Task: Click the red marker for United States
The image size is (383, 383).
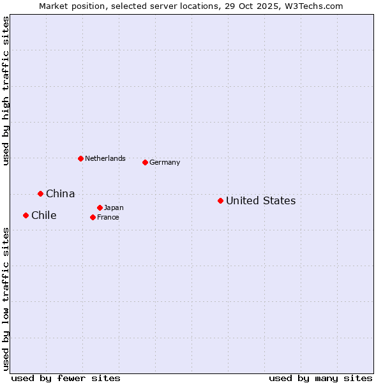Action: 220,200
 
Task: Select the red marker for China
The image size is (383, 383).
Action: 40,193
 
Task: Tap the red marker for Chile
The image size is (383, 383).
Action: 26,215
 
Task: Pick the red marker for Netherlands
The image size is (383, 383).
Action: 80,158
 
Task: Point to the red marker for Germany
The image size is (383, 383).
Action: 145,162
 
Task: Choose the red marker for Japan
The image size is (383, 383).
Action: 100,207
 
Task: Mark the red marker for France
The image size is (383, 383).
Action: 93,217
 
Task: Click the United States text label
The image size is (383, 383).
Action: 260,201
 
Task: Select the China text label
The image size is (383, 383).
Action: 60,194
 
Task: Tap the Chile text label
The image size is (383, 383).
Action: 43,216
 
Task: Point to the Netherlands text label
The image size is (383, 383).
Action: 105,158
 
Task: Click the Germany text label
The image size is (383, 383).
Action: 165,163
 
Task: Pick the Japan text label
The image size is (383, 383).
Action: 114,208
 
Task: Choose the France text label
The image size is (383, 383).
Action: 108,218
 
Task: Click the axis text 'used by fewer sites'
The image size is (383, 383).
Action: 66,378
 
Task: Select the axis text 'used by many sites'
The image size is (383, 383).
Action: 320,378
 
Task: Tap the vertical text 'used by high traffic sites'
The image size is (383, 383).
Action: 6,91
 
